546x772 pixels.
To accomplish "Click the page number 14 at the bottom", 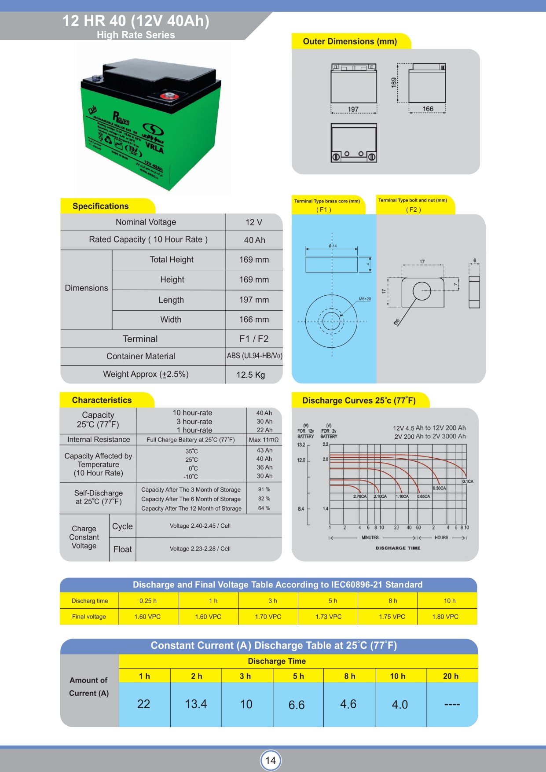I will (271, 760).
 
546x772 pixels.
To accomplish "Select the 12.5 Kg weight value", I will (251, 375).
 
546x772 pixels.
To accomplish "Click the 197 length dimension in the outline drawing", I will (353, 109).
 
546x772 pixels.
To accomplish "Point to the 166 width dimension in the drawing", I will (428, 109).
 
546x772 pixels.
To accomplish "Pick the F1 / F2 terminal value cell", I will (254, 338).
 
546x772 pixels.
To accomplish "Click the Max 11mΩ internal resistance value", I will (264, 439).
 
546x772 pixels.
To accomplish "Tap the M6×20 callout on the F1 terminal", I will (365, 299).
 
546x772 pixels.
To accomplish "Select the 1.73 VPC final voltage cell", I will (328, 617).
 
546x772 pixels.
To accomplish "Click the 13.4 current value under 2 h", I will (196, 704).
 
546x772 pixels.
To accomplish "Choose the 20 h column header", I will (451, 676).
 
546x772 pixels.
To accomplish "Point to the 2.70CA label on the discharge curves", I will (360, 496).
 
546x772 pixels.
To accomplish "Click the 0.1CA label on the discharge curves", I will (468, 482).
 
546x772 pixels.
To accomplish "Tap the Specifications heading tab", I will (101, 206).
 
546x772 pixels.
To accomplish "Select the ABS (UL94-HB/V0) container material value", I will (254, 356).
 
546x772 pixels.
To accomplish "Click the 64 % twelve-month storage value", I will (264, 508).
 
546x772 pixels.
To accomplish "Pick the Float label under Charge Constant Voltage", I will (122, 549).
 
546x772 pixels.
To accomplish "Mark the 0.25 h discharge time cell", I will (148, 601).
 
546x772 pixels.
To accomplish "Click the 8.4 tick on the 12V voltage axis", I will (301, 509).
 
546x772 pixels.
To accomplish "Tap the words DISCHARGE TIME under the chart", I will (398, 548).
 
